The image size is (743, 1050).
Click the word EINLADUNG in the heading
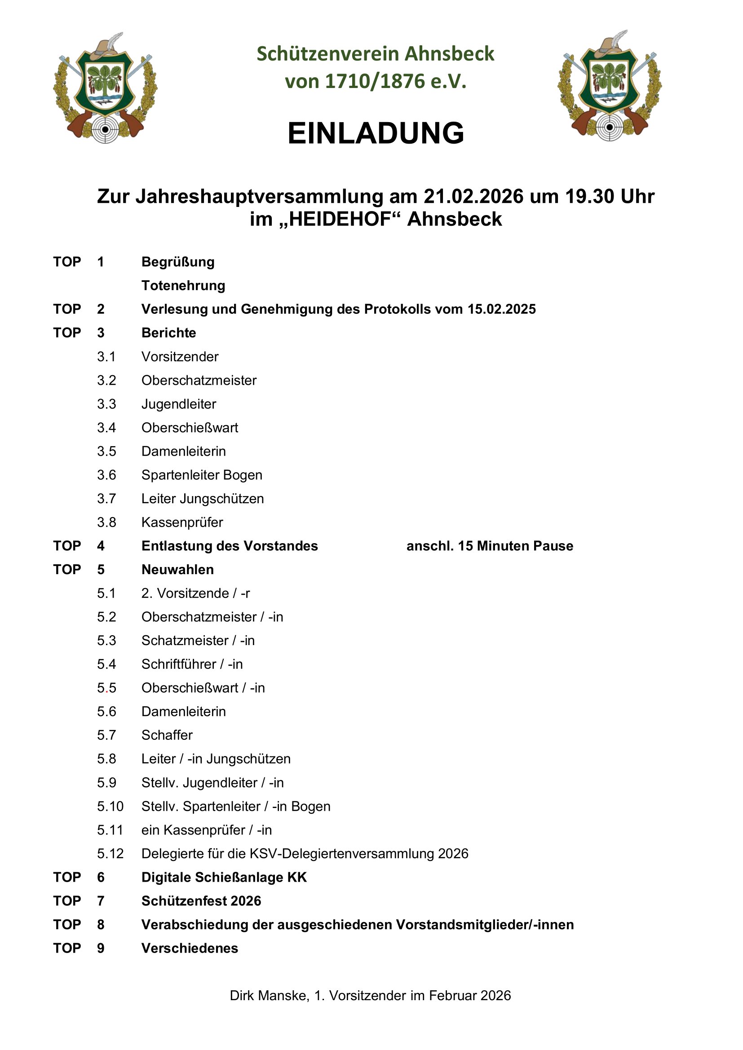[x=376, y=133]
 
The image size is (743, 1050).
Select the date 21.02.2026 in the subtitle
[x=473, y=196]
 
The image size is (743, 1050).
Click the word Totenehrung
[x=183, y=286]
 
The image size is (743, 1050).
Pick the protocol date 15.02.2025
[x=501, y=309]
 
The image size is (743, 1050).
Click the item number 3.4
[x=106, y=428]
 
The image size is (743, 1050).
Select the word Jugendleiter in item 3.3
[x=178, y=404]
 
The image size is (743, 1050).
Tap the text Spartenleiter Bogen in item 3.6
[x=202, y=474]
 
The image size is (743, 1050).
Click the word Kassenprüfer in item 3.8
[x=182, y=522]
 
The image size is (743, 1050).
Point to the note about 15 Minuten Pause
[x=490, y=545]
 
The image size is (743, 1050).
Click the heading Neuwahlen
[x=177, y=569]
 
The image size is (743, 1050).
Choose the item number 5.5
[x=106, y=688]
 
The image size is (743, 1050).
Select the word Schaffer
[x=167, y=735]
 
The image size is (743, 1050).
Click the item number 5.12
[x=110, y=853]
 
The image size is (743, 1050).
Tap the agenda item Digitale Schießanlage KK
[x=224, y=877]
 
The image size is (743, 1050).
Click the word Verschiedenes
[x=190, y=948]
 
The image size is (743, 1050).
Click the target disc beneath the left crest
[x=105, y=129]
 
